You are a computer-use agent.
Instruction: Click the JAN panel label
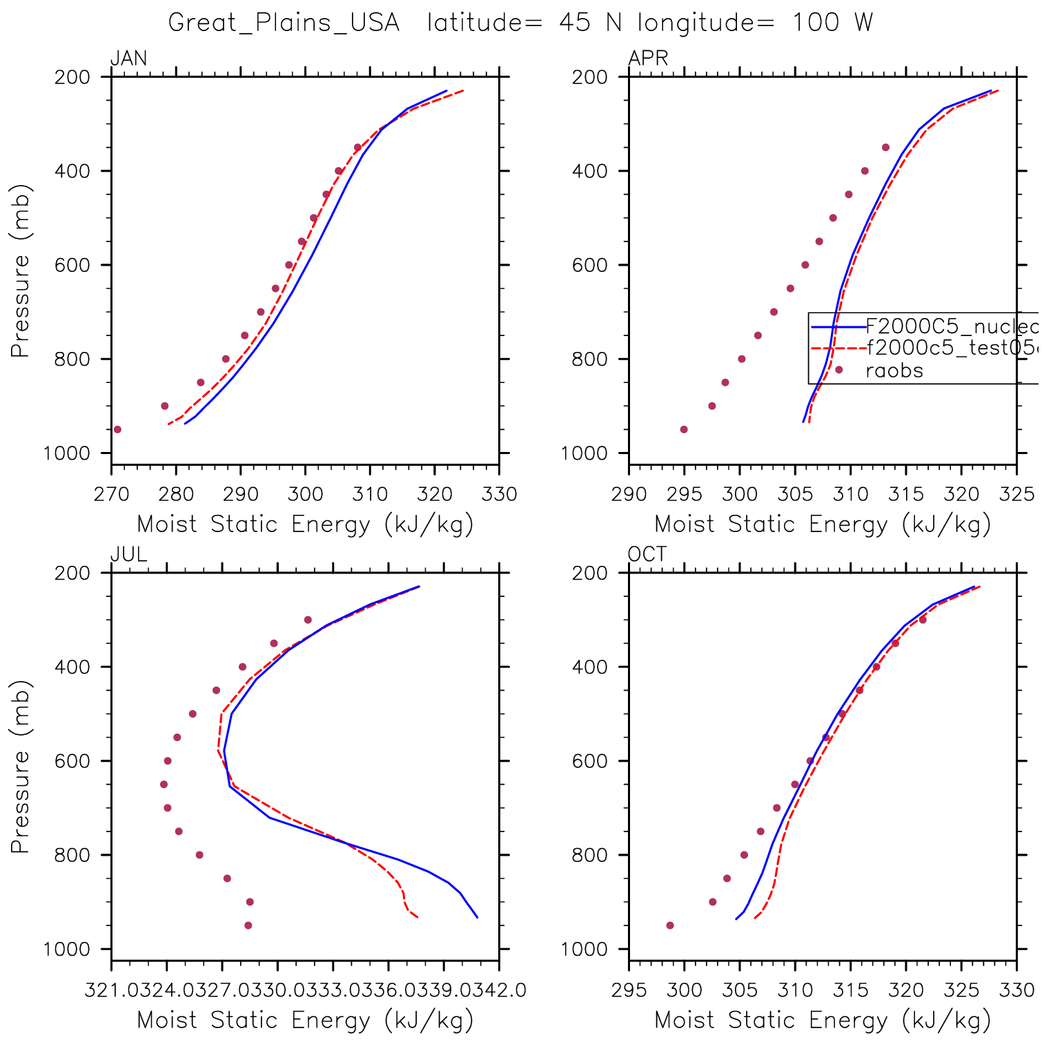pos(129,59)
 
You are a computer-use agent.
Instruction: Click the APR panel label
pos(648,59)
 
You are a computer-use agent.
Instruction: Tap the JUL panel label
pos(129,555)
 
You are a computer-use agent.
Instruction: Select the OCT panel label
pos(647,555)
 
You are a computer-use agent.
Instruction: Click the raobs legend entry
pos(894,371)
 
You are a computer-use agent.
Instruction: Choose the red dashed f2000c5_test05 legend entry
pos(952,348)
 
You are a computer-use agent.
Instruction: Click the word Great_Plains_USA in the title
pos(284,23)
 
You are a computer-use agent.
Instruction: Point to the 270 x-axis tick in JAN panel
pos(112,495)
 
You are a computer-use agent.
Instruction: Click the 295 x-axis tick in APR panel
pos(684,495)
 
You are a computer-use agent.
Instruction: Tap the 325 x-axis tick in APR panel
pos(1017,495)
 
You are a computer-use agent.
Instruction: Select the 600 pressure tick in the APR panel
pos(590,265)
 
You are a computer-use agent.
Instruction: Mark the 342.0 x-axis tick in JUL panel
pos(499,991)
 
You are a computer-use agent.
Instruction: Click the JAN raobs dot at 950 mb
pos(117,429)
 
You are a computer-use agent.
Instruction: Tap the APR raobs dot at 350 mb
pos(885,148)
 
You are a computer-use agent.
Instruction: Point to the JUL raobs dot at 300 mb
pos(308,620)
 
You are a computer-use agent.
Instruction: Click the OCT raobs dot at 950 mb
pos(670,925)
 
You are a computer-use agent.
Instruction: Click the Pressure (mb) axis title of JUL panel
pos(20,766)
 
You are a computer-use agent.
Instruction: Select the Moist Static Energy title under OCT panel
pos(823,1021)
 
